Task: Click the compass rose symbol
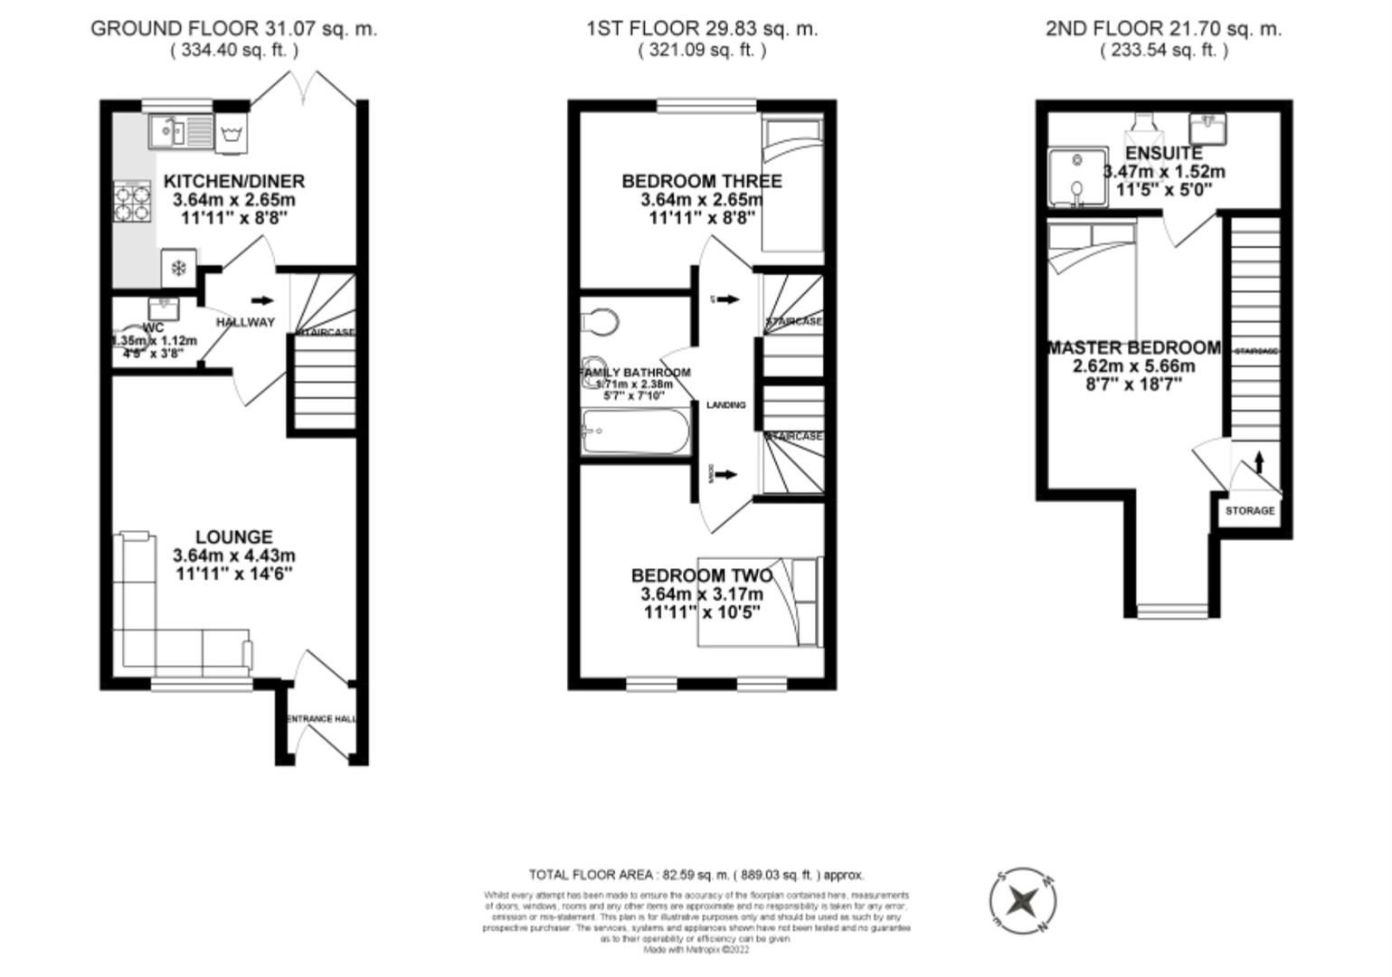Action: pos(1023,901)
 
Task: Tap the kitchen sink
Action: pos(179,131)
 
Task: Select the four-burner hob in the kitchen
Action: pos(131,201)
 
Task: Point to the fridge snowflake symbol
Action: pos(178,268)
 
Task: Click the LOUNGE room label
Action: pos(234,537)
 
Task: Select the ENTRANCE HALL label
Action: pos(322,719)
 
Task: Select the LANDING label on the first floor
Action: pos(725,405)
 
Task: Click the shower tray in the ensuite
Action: pos(1076,177)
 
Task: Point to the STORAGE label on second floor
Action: pos(1250,511)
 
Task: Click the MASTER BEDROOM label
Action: pos(1134,348)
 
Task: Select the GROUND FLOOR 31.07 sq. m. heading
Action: pos(233,29)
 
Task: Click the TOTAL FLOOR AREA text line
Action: pos(696,875)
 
